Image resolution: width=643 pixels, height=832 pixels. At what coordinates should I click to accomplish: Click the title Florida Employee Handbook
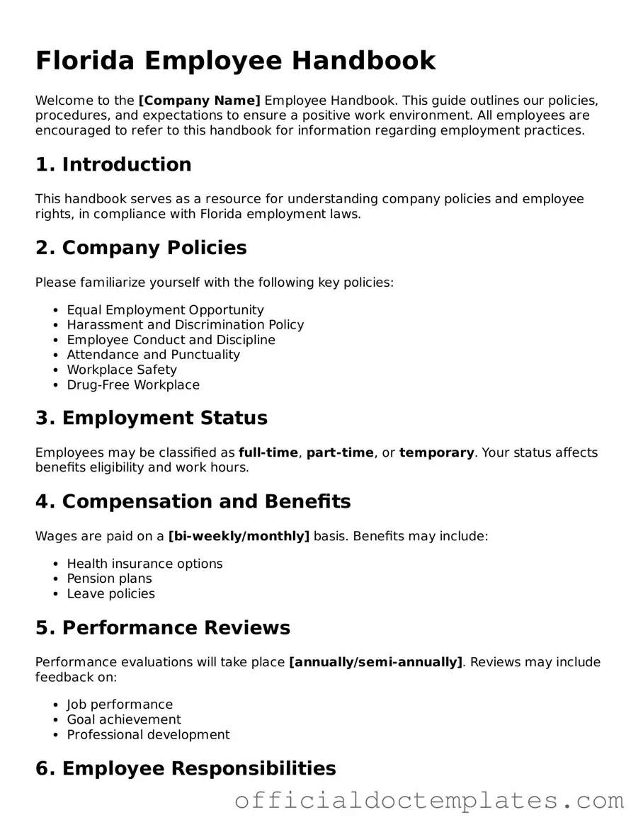point(235,61)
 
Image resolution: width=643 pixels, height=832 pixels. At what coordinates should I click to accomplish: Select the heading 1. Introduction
point(113,164)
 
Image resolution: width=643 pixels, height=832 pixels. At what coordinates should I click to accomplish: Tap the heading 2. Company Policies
point(141,248)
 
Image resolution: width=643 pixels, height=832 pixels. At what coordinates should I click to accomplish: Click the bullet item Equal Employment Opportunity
point(165,310)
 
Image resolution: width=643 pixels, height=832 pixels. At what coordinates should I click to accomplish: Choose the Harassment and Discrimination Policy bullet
point(185,325)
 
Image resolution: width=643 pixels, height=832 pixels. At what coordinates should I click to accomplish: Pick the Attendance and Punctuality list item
point(153,355)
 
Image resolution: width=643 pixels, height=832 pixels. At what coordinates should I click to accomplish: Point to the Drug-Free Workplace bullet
point(133,385)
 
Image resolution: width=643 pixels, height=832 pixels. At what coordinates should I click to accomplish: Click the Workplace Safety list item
point(122,370)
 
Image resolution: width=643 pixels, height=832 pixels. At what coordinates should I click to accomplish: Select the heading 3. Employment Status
point(152,418)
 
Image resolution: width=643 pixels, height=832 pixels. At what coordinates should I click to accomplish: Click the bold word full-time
point(268,452)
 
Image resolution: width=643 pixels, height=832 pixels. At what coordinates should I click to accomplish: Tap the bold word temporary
point(436,452)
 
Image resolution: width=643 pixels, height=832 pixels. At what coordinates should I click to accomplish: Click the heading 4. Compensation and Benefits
point(193,501)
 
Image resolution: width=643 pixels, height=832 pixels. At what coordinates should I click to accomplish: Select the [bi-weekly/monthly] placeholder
point(239,536)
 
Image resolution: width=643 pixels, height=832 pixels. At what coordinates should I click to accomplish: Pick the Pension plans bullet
point(109,579)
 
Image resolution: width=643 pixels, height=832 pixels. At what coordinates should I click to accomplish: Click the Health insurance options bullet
point(144,564)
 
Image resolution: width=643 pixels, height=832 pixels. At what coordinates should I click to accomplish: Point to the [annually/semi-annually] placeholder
point(375,662)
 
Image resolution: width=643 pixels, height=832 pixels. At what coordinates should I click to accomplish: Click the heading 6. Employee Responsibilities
point(186,768)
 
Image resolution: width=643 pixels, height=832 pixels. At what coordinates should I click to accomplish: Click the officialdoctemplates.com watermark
point(429,801)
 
